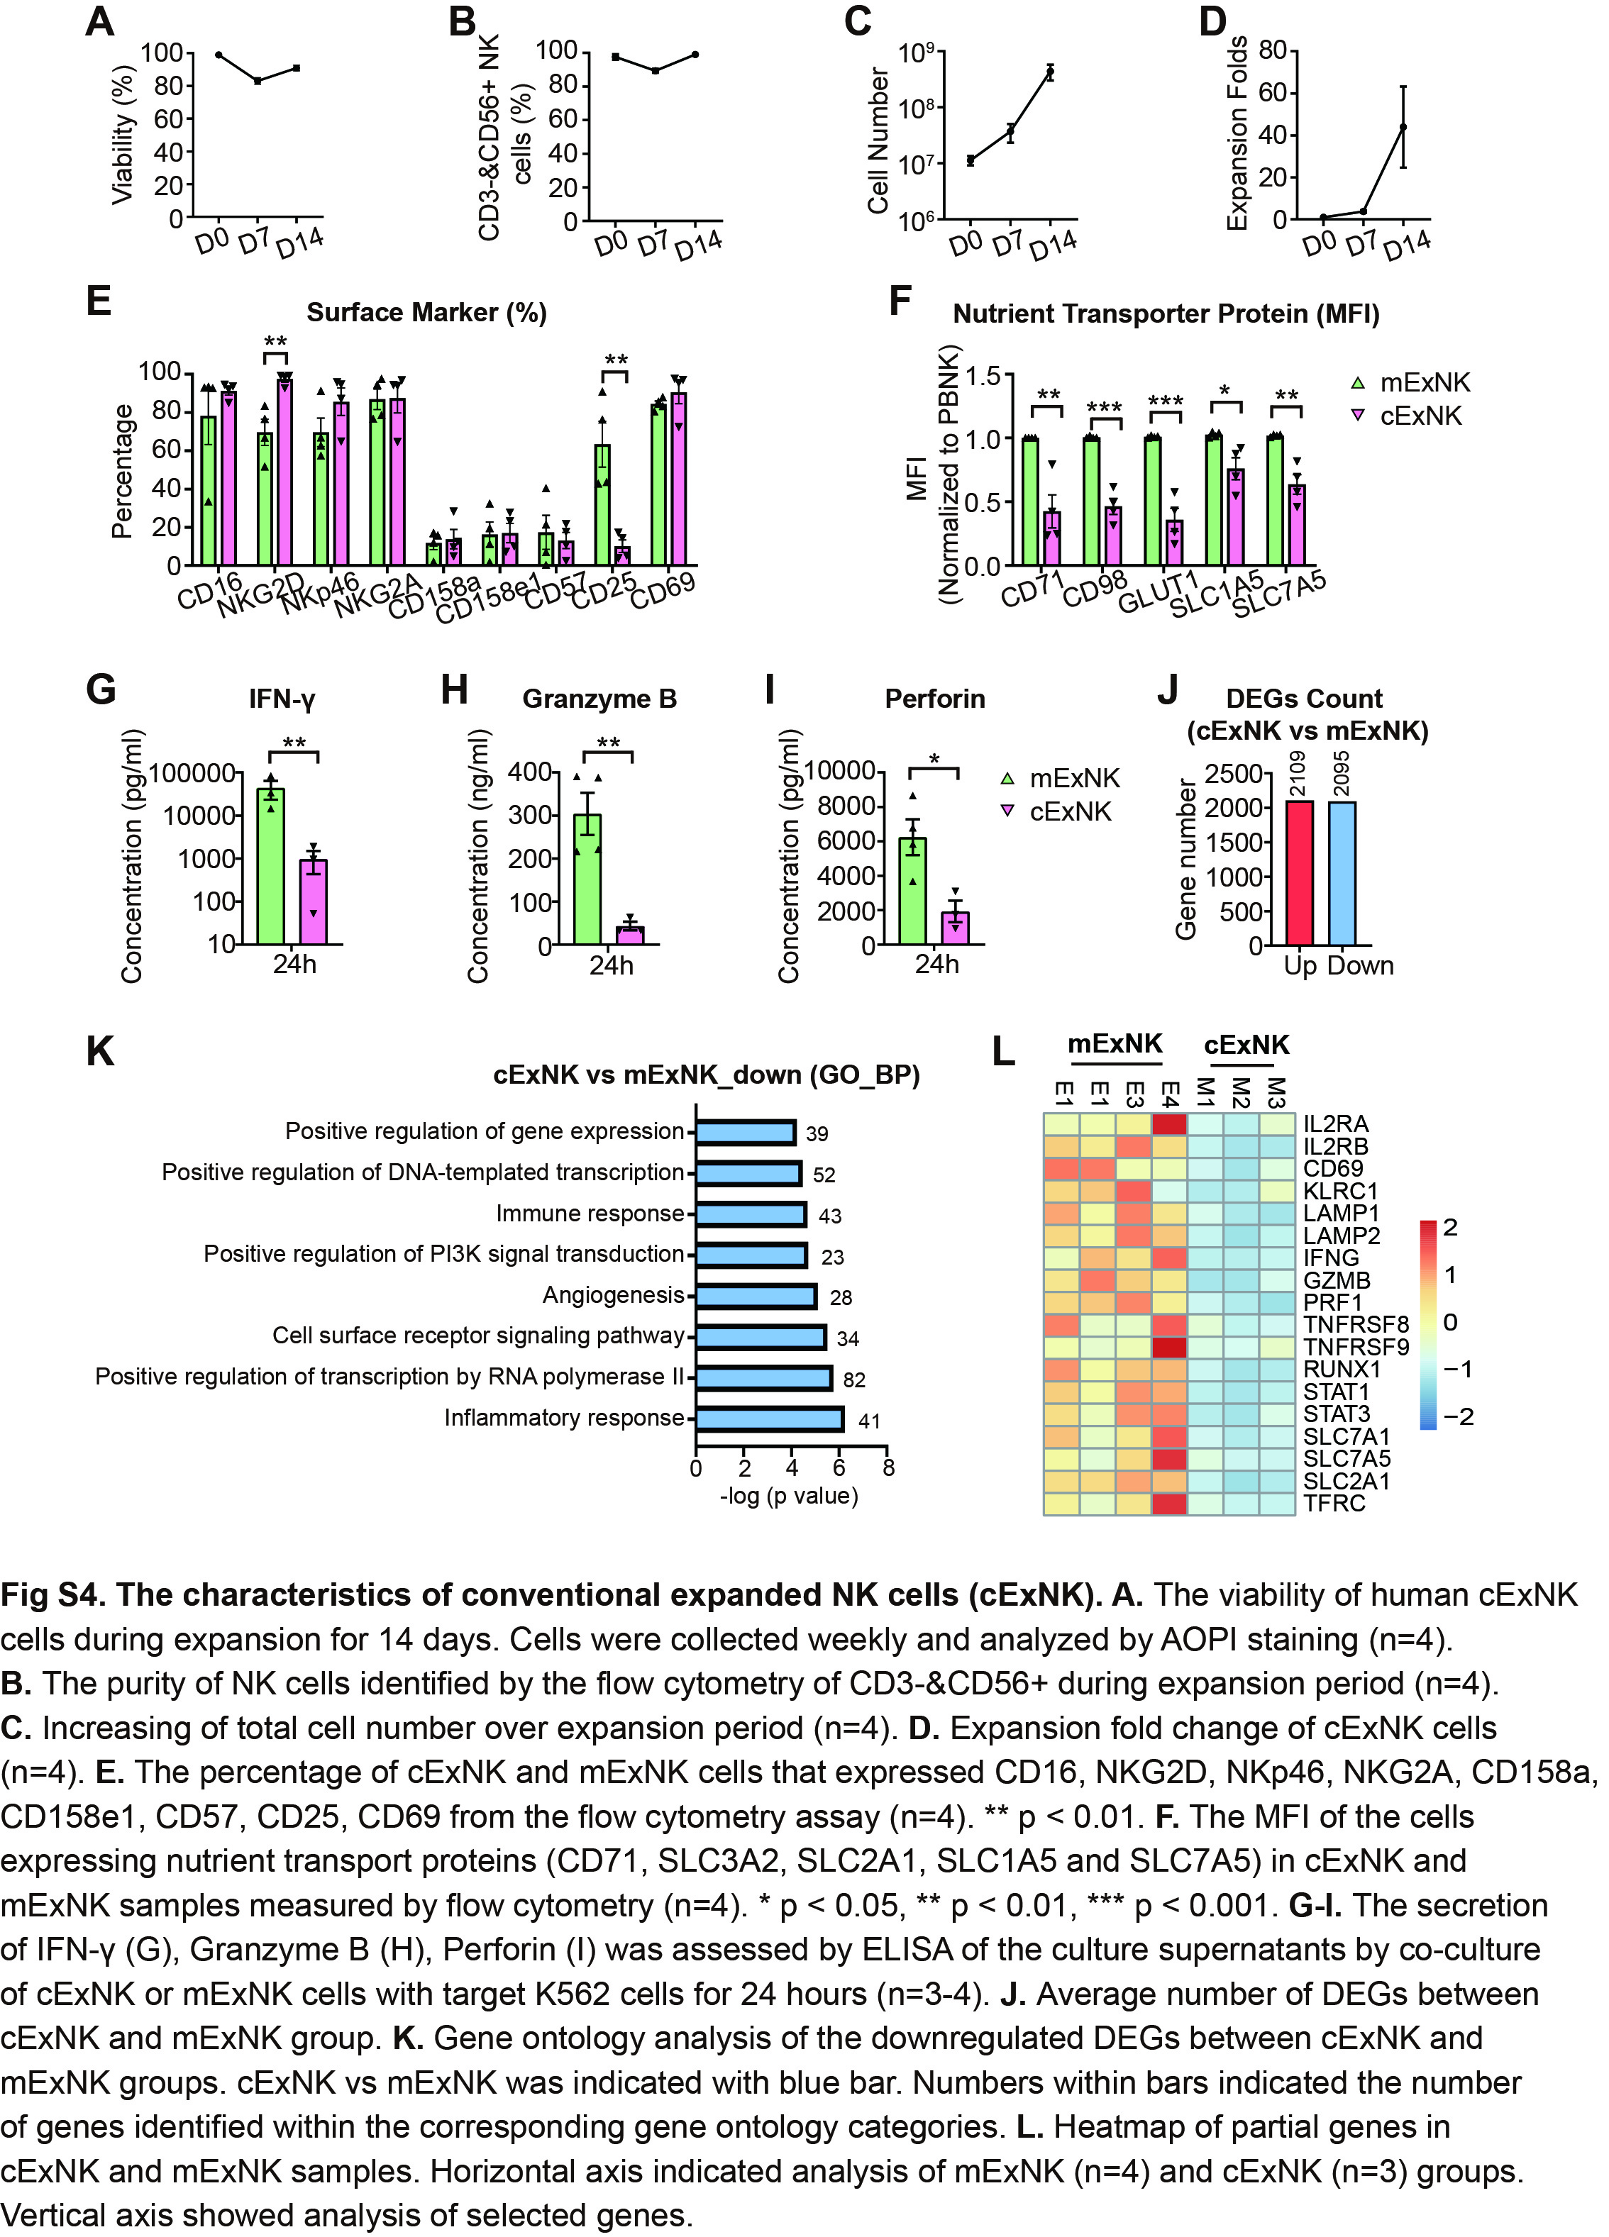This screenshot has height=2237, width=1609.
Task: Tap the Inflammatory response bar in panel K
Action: coord(770,1419)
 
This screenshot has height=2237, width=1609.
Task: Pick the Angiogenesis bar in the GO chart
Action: coord(756,1296)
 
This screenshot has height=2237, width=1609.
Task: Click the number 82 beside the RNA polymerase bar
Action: coord(853,1380)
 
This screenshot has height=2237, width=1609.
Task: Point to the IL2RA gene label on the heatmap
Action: coord(1336,1124)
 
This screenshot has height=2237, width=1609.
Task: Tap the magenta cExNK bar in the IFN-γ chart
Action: coord(314,901)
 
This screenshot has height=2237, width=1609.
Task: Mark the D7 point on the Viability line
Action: coord(258,81)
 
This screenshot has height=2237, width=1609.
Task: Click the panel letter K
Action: coord(99,1051)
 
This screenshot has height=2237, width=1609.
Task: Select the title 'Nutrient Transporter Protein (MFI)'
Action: coord(1165,313)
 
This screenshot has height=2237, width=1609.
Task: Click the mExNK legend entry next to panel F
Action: coord(1410,383)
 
